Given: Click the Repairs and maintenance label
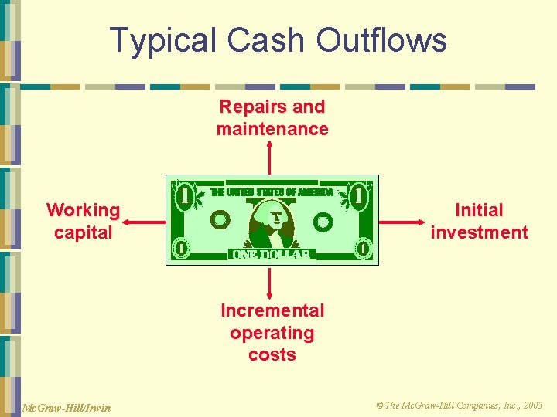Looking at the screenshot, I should (272, 117).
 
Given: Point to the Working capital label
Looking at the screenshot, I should (84, 221).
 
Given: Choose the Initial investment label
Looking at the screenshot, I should (479, 221).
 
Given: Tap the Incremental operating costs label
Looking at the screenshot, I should (272, 332).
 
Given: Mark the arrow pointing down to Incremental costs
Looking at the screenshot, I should (270, 283).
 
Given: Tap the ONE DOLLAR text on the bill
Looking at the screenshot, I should (272, 254).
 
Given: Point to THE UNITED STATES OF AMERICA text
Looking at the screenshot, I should (272, 192).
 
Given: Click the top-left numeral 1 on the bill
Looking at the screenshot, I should (185, 196).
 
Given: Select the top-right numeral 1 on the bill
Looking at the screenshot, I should (358, 196).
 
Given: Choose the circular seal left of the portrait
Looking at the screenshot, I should (220, 221).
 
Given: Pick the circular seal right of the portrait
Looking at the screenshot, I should (323, 223).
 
